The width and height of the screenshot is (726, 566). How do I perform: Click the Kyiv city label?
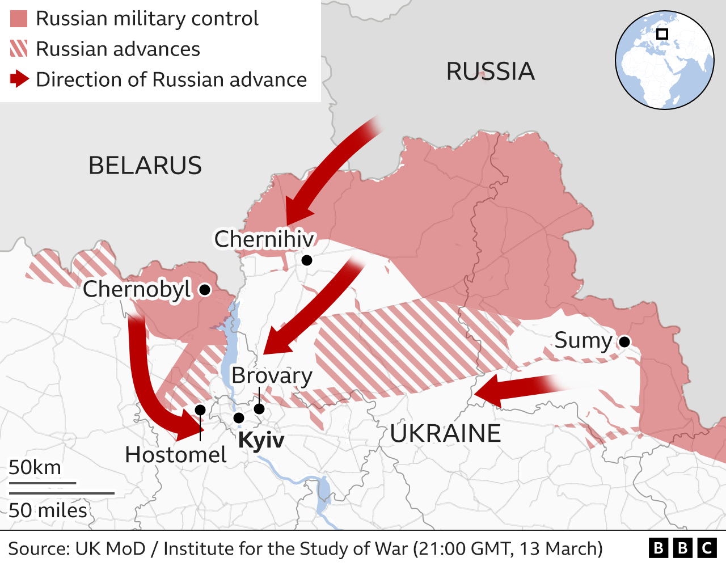(x=261, y=440)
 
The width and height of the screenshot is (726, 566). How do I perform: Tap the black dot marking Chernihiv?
(x=307, y=260)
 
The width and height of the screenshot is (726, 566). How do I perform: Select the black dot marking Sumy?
(x=624, y=341)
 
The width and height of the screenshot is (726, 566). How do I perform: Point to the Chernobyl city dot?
(x=205, y=290)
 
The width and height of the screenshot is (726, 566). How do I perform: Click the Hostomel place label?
(x=175, y=455)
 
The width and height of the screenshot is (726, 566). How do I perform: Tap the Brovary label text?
(x=272, y=376)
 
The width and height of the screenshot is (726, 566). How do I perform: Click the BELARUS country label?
(x=145, y=166)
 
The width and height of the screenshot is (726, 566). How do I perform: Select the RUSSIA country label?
(x=490, y=71)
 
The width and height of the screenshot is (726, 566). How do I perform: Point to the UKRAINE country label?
(x=445, y=434)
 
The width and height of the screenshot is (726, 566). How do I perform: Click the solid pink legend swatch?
(x=19, y=19)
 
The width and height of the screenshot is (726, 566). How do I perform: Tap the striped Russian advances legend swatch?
(x=19, y=49)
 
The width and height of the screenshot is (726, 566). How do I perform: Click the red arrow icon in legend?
(x=19, y=79)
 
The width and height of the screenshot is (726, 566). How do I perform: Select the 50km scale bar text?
(x=35, y=468)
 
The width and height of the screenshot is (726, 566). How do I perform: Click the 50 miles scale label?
(x=48, y=510)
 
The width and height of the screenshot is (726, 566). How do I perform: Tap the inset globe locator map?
(x=664, y=60)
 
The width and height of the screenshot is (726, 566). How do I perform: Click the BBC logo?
(x=682, y=548)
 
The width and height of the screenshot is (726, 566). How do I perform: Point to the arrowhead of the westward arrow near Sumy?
(x=487, y=392)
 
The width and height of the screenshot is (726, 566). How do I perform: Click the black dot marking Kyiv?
(x=239, y=418)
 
